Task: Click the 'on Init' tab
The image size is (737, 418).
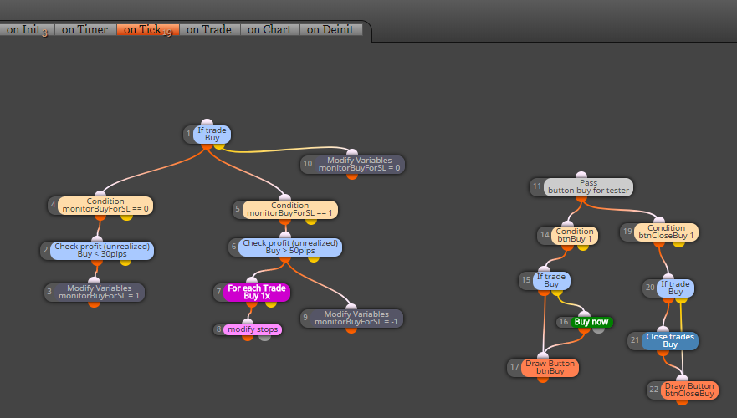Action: [x=27, y=29]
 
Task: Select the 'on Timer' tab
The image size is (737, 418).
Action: [x=85, y=29]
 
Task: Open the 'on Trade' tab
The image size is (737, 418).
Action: [x=209, y=29]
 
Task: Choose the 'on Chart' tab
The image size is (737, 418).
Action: [x=270, y=29]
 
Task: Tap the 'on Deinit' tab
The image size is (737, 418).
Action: [x=330, y=29]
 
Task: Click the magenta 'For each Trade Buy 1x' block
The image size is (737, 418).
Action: [x=257, y=292]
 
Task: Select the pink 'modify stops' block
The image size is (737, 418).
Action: [x=253, y=329]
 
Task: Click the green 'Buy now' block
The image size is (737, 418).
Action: [x=591, y=322]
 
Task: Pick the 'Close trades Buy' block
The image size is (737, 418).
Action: [x=670, y=340]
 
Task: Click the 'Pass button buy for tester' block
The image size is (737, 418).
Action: [x=588, y=186]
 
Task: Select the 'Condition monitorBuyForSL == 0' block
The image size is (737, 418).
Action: [x=105, y=206]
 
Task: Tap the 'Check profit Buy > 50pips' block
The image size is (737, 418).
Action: [x=290, y=247]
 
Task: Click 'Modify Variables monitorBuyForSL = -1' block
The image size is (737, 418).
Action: [x=356, y=318]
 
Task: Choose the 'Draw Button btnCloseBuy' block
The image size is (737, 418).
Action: [x=689, y=390]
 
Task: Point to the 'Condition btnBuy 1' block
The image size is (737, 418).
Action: [x=575, y=235]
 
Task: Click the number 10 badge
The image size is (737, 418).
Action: [x=307, y=164]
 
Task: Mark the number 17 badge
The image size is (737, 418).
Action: [x=514, y=367]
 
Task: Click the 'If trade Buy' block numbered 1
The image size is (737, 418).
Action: [x=212, y=135]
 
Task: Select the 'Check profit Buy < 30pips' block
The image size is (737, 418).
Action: [x=102, y=250]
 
